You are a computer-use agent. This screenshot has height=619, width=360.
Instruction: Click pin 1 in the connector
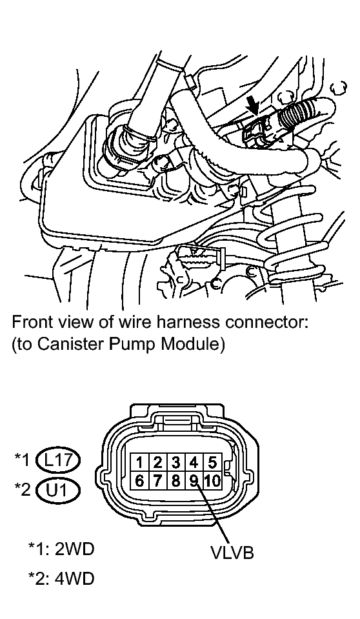click(x=139, y=462)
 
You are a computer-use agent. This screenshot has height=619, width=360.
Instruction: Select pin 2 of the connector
click(x=157, y=462)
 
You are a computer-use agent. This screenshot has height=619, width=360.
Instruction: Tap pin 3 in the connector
click(x=176, y=462)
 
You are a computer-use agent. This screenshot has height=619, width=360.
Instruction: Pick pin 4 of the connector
click(x=194, y=462)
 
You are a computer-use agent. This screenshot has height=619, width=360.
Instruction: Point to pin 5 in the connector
click(x=212, y=462)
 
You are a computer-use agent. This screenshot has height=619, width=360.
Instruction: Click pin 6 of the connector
click(x=139, y=481)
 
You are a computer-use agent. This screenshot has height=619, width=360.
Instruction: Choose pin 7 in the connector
click(x=157, y=481)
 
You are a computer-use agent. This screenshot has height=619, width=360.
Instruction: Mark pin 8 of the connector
click(x=176, y=481)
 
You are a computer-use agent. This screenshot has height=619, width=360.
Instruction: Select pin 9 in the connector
click(x=194, y=481)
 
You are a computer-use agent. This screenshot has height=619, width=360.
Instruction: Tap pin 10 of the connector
click(x=212, y=481)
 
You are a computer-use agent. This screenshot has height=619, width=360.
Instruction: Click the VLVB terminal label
click(x=232, y=553)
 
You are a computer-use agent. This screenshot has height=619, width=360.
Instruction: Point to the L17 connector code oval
click(x=57, y=460)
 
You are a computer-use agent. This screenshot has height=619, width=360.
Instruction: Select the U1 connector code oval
click(x=57, y=490)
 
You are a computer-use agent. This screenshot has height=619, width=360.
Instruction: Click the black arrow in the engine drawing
click(x=253, y=106)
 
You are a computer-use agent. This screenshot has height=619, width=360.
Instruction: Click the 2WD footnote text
click(x=61, y=549)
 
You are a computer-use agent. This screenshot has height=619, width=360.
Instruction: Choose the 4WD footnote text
click(x=61, y=578)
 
